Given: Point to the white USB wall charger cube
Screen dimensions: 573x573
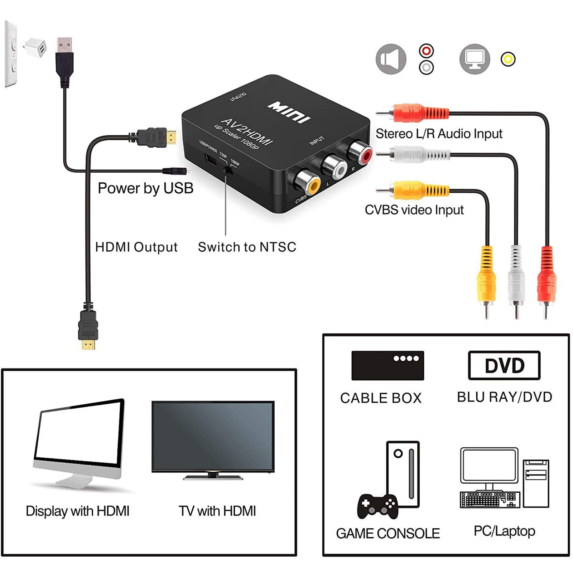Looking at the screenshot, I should (36, 47).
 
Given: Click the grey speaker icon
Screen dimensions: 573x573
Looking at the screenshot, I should (391, 59).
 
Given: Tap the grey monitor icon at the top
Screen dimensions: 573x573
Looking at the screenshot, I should (475, 59).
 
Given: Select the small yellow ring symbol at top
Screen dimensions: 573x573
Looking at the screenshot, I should (508, 59).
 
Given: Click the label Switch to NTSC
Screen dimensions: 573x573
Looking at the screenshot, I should (247, 247).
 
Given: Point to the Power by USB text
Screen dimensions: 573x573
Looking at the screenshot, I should (145, 188).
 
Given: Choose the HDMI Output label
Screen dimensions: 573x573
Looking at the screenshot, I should (136, 247).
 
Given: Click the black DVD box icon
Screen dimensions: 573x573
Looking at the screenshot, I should (504, 365).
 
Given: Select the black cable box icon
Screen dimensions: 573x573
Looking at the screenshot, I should (387, 365).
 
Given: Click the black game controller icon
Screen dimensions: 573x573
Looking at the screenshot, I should (377, 506).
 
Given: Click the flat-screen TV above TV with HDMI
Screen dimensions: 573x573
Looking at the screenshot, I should (213, 437).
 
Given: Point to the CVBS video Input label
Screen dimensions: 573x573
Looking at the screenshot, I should (414, 210).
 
